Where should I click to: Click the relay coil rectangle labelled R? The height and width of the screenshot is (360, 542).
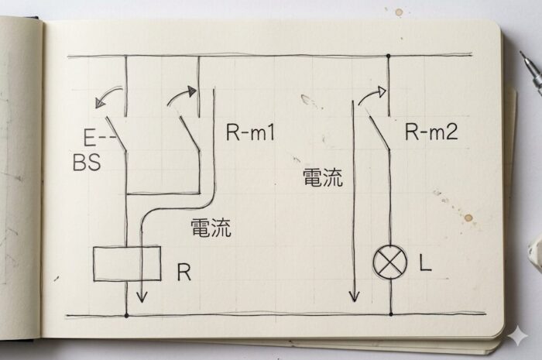pos(127,264)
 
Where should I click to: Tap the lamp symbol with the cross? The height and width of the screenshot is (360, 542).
pos(389,263)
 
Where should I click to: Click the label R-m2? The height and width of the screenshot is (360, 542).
pos(431,132)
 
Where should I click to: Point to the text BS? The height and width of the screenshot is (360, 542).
pos(87,163)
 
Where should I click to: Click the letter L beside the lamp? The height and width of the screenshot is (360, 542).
pos(425,264)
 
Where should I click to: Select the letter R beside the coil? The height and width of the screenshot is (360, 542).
pos(184,273)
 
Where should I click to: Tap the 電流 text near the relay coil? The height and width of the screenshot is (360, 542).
pos(210,228)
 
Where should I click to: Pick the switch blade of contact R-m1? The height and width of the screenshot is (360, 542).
pos(189,132)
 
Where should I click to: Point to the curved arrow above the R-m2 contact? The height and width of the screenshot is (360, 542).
pos(370,94)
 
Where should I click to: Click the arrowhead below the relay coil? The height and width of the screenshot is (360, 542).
pos(142,296)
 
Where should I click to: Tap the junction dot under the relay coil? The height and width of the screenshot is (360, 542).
pos(127,315)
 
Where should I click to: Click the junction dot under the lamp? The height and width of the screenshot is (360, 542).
pos(389,314)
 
